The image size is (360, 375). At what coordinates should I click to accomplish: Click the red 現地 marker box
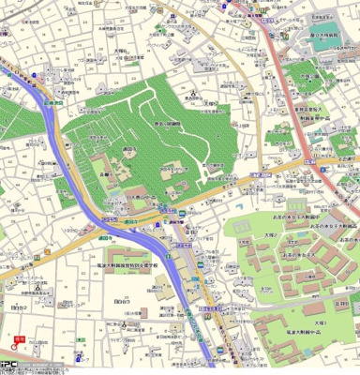20,339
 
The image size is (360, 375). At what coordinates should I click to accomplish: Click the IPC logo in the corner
8,367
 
